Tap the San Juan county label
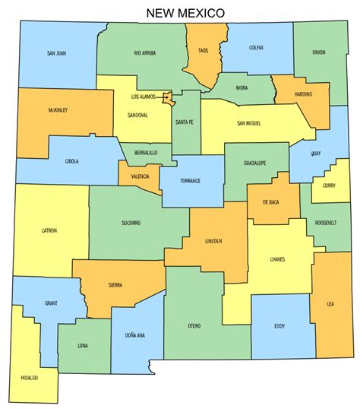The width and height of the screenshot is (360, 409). [x=56, y=53]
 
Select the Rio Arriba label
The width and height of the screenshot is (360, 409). [x=144, y=53]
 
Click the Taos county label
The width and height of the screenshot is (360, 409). [x=203, y=50]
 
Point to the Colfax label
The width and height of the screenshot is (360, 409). [x=257, y=48]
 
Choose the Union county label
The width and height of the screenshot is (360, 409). [x=319, y=52]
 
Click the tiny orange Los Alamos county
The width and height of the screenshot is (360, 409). [x=172, y=98]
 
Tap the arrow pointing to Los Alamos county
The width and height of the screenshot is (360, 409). [x=162, y=97]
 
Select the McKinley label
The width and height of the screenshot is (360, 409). [x=58, y=110]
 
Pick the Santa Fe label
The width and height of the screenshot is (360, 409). [x=185, y=122]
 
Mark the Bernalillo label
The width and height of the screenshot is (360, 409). [x=144, y=153]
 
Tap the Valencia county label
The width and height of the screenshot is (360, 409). [x=140, y=176]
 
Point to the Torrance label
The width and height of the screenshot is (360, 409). [x=190, y=180]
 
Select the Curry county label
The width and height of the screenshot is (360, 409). [x=329, y=185]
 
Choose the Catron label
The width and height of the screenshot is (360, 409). [x=49, y=230]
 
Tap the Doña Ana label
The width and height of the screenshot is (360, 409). [x=135, y=335]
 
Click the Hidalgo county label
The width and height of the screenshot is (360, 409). [x=30, y=378]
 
